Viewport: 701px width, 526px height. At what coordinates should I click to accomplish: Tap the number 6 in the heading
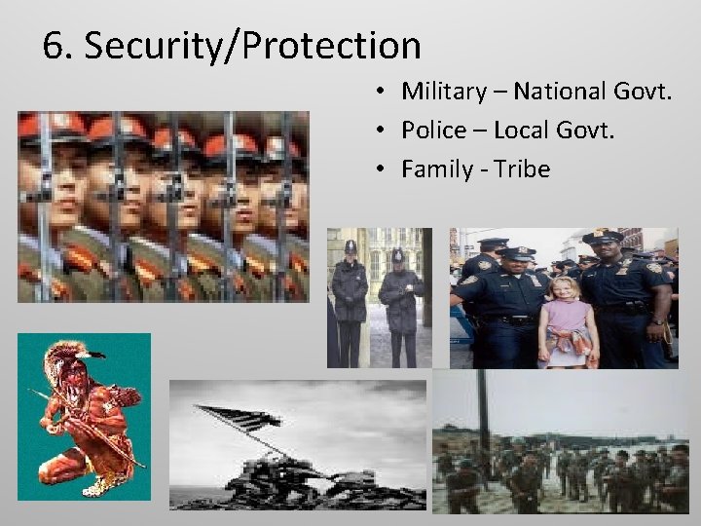tap(55, 46)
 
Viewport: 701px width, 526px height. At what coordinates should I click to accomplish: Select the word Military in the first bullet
tap(443, 92)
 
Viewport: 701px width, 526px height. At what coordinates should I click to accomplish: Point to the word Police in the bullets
tap(432, 131)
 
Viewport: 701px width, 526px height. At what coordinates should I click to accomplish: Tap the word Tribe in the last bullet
tap(522, 169)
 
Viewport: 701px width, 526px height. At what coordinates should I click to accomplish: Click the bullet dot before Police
tap(387, 131)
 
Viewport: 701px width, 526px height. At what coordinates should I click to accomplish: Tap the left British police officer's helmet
tap(349, 248)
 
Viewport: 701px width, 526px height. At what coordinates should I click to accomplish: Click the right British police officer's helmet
tap(397, 255)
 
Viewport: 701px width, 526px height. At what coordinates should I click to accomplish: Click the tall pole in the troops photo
tap(483, 414)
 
